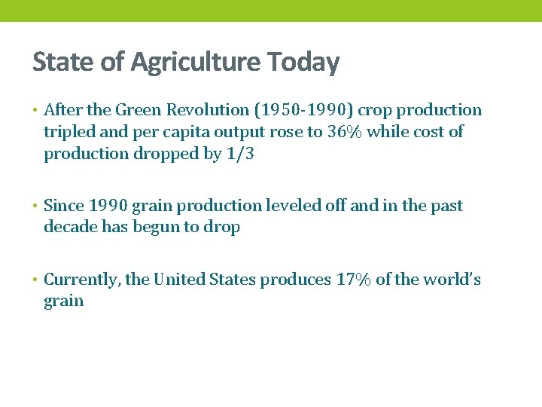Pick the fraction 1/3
(240, 154)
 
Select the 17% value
(354, 280)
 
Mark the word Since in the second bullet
(64, 206)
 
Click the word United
(178, 280)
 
